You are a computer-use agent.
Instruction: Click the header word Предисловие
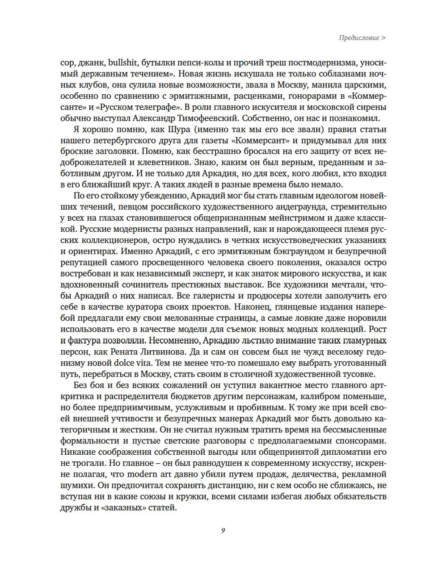[358, 38]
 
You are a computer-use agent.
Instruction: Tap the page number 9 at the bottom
[223, 530]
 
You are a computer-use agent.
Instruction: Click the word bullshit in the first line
[122, 63]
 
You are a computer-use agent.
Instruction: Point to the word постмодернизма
[319, 63]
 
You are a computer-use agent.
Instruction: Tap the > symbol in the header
[384, 38]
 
